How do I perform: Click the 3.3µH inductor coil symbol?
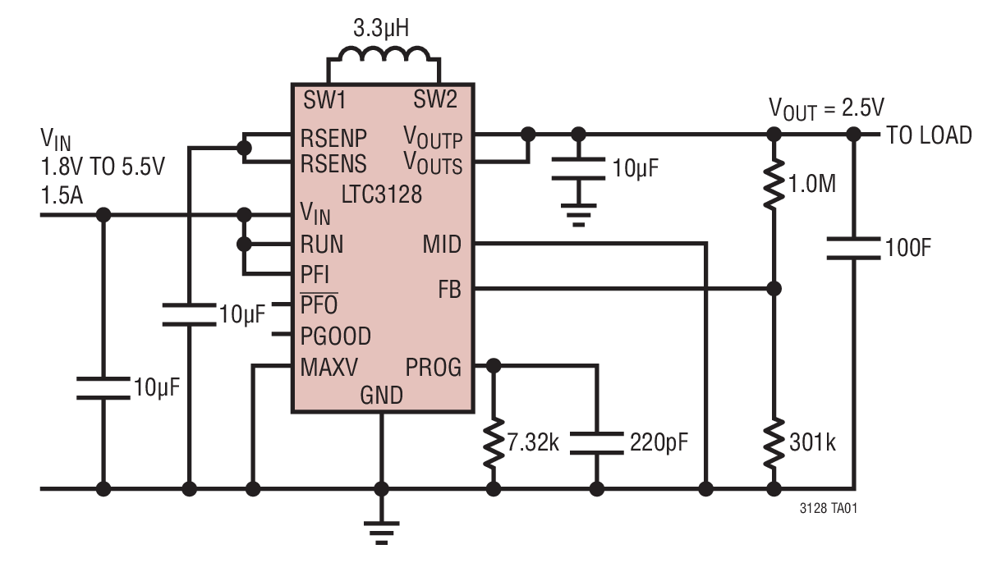pyautogui.click(x=384, y=54)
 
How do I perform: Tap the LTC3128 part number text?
pyautogui.click(x=382, y=194)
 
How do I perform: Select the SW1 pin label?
pyautogui.click(x=324, y=99)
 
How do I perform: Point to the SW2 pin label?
pyautogui.click(x=435, y=99)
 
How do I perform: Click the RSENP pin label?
pyautogui.click(x=333, y=138)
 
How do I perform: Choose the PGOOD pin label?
pyautogui.click(x=336, y=336)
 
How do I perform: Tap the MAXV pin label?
pyautogui.click(x=329, y=367)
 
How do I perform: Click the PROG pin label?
pyautogui.click(x=434, y=368)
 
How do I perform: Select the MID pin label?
pyautogui.click(x=442, y=245)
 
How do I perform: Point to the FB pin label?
pyautogui.click(x=449, y=290)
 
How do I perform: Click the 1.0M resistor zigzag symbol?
pyautogui.click(x=774, y=183)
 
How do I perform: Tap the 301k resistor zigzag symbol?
pyautogui.click(x=774, y=442)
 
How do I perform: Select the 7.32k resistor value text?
pyautogui.click(x=533, y=442)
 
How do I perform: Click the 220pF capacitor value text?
pyautogui.click(x=659, y=442)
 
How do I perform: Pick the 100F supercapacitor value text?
pyautogui.click(x=908, y=248)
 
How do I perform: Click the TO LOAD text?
pyautogui.click(x=929, y=135)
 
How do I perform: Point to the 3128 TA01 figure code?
pyautogui.click(x=829, y=508)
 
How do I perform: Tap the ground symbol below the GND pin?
pyautogui.click(x=381, y=533)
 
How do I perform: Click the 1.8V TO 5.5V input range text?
pyautogui.click(x=103, y=167)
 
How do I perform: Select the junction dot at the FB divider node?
pyautogui.click(x=774, y=289)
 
